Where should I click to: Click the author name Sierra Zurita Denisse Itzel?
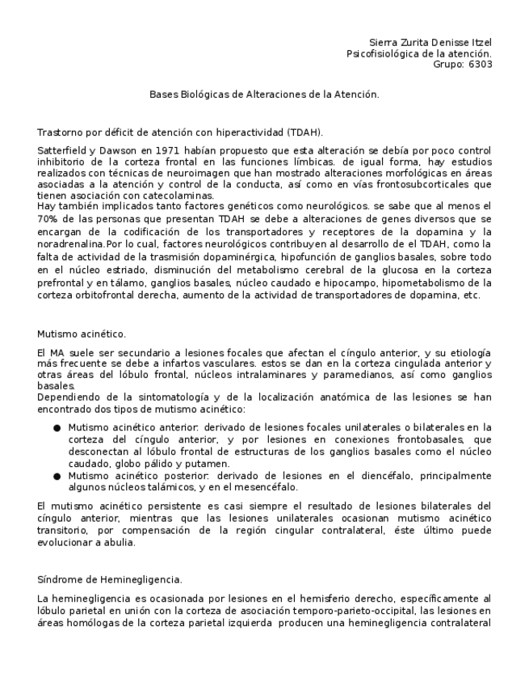[430, 42]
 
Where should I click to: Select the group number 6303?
[474, 65]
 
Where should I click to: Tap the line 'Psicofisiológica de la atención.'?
[418, 53]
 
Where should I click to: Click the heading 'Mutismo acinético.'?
[82, 333]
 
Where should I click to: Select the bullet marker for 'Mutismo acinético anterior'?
[57, 427]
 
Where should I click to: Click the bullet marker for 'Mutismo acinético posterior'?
[57, 477]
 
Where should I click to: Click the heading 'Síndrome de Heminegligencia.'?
[110, 579]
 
